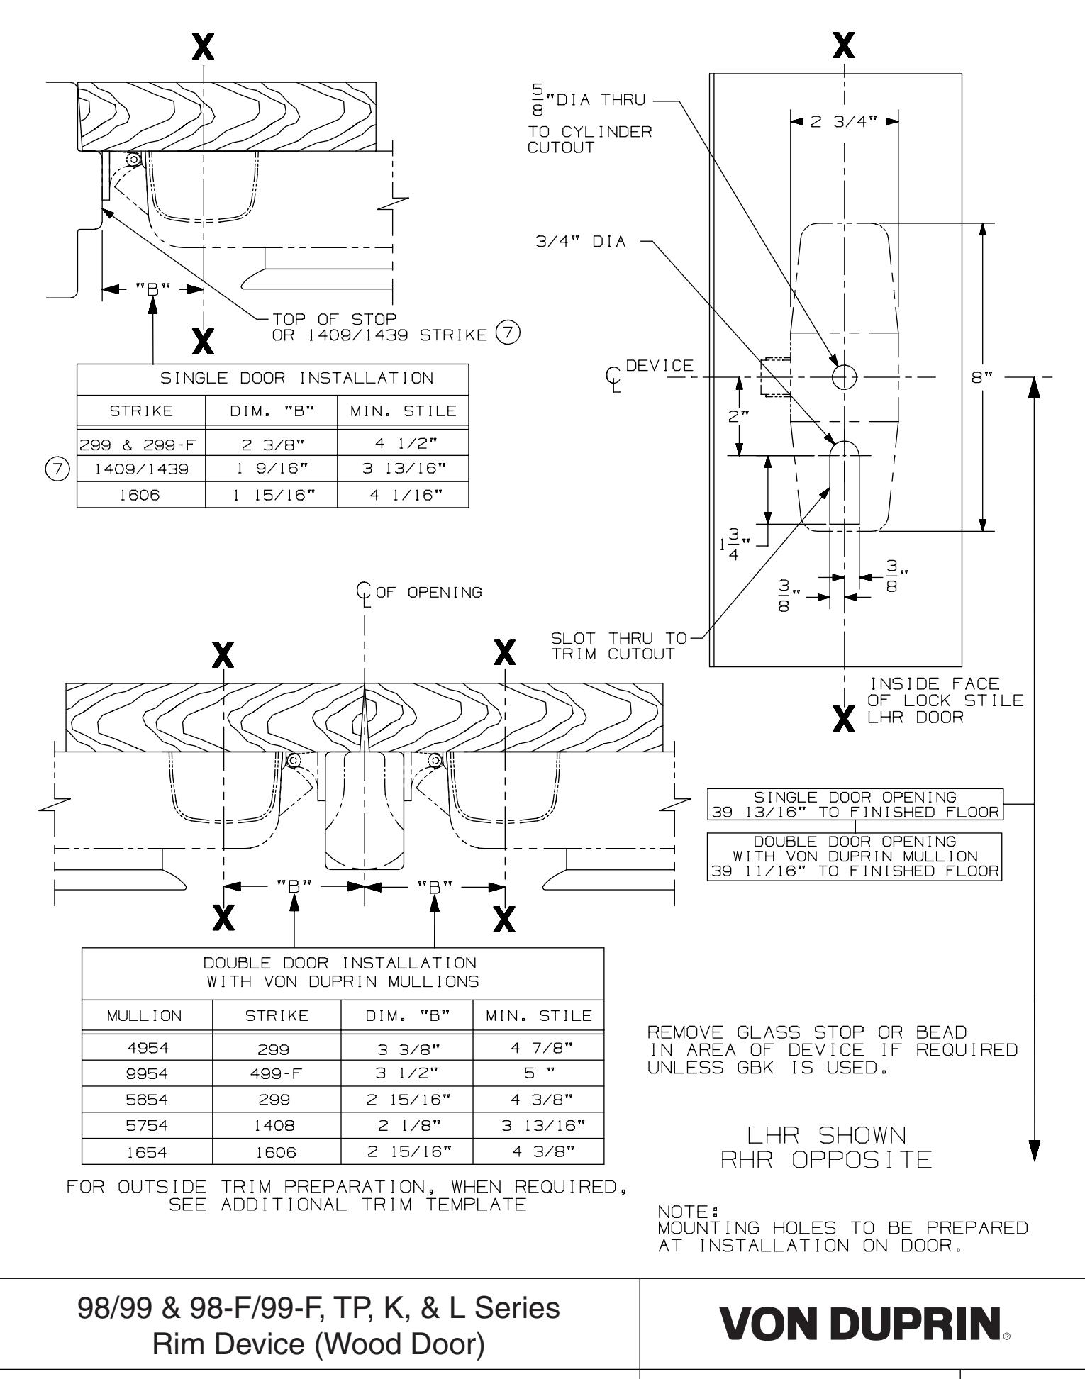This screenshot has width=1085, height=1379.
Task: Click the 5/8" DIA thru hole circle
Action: pos(844,377)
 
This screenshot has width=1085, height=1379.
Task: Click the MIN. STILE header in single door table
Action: pos(403,411)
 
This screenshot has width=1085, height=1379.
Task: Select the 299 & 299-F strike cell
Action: pos(140,446)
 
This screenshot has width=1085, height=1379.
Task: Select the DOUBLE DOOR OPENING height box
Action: pos(855,856)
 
